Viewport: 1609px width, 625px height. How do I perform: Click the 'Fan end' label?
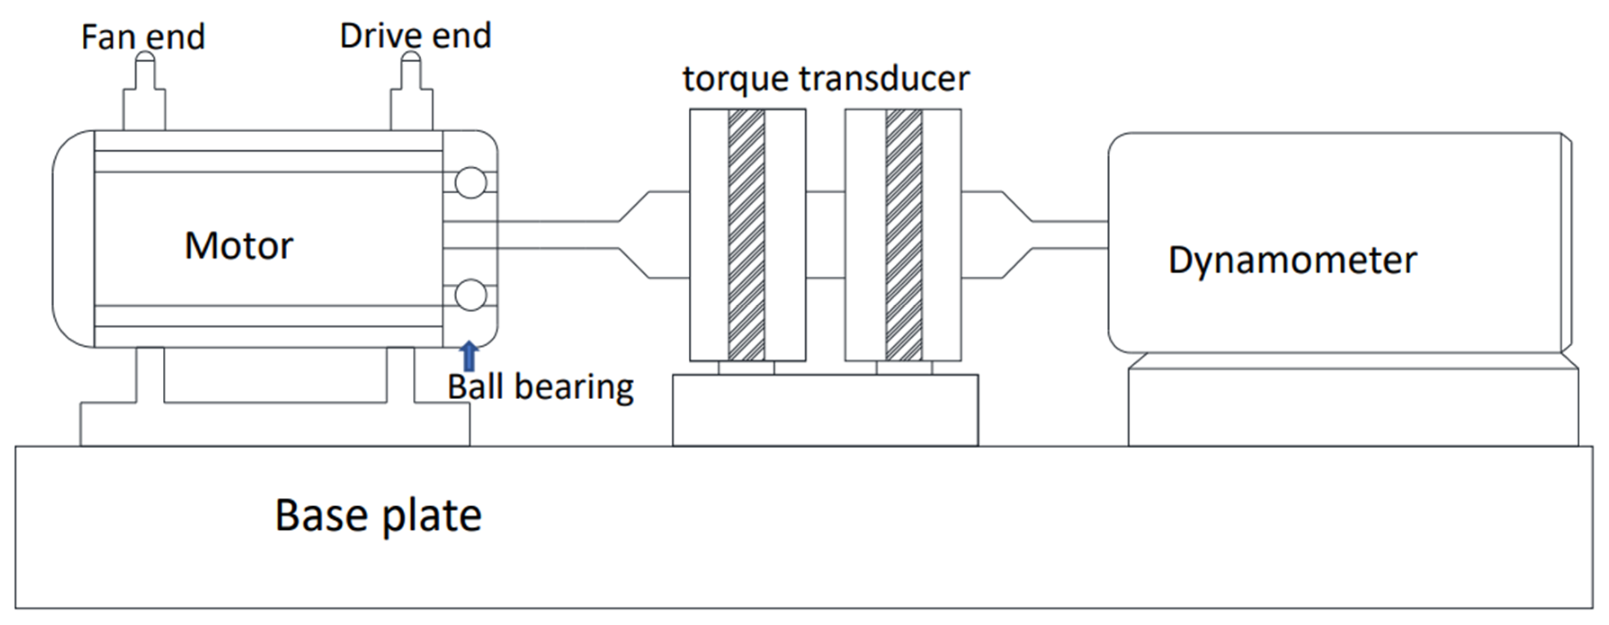click(143, 37)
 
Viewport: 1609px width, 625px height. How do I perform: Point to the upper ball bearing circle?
click(470, 183)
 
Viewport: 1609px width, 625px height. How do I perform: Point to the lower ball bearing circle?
click(470, 295)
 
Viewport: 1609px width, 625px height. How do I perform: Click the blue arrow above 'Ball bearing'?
click(468, 356)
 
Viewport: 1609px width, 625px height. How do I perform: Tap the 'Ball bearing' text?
click(540, 387)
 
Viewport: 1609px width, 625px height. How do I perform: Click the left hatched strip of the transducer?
click(746, 235)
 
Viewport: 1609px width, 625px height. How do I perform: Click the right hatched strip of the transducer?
click(903, 235)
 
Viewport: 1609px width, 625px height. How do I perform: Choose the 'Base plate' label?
click(378, 516)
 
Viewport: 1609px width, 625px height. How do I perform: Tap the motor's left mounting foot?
click(150, 375)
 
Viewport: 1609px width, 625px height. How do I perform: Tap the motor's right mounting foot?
click(400, 375)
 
